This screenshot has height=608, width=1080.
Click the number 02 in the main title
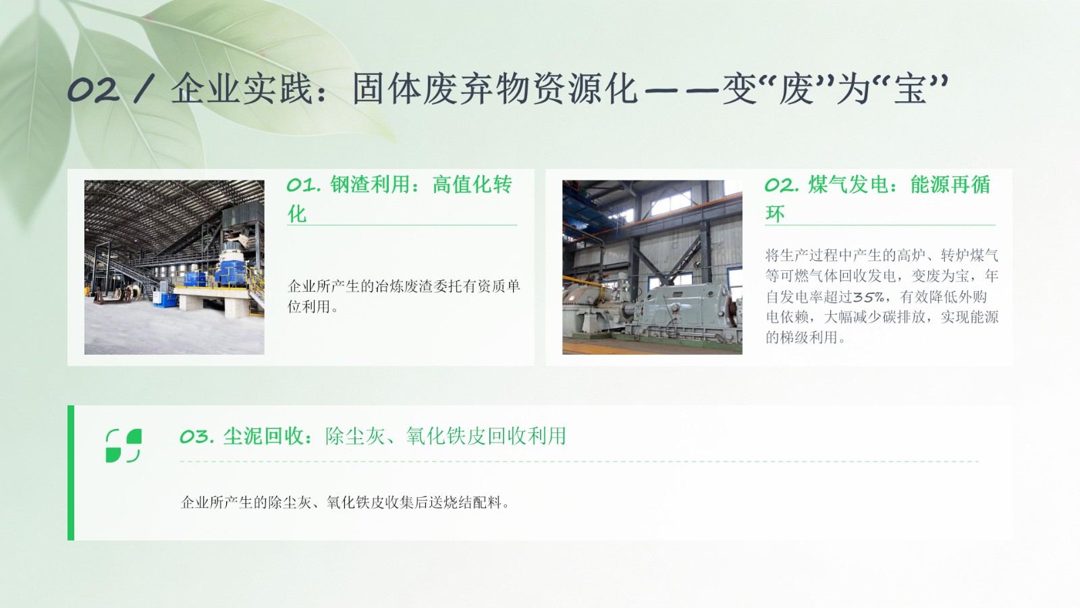pos(94,90)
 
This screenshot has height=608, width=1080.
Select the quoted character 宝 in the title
pos(910,90)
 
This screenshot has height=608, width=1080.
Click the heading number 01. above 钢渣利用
pos(304,185)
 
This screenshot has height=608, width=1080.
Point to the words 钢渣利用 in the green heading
pos(370,185)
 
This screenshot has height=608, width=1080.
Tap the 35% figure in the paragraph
pos(868,297)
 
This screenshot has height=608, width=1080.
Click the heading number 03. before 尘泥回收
pos(196,436)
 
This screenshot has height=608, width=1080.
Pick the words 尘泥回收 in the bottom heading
pos(263,436)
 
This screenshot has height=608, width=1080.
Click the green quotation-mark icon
pos(124,445)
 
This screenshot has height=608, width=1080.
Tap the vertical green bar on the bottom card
pos(71,473)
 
